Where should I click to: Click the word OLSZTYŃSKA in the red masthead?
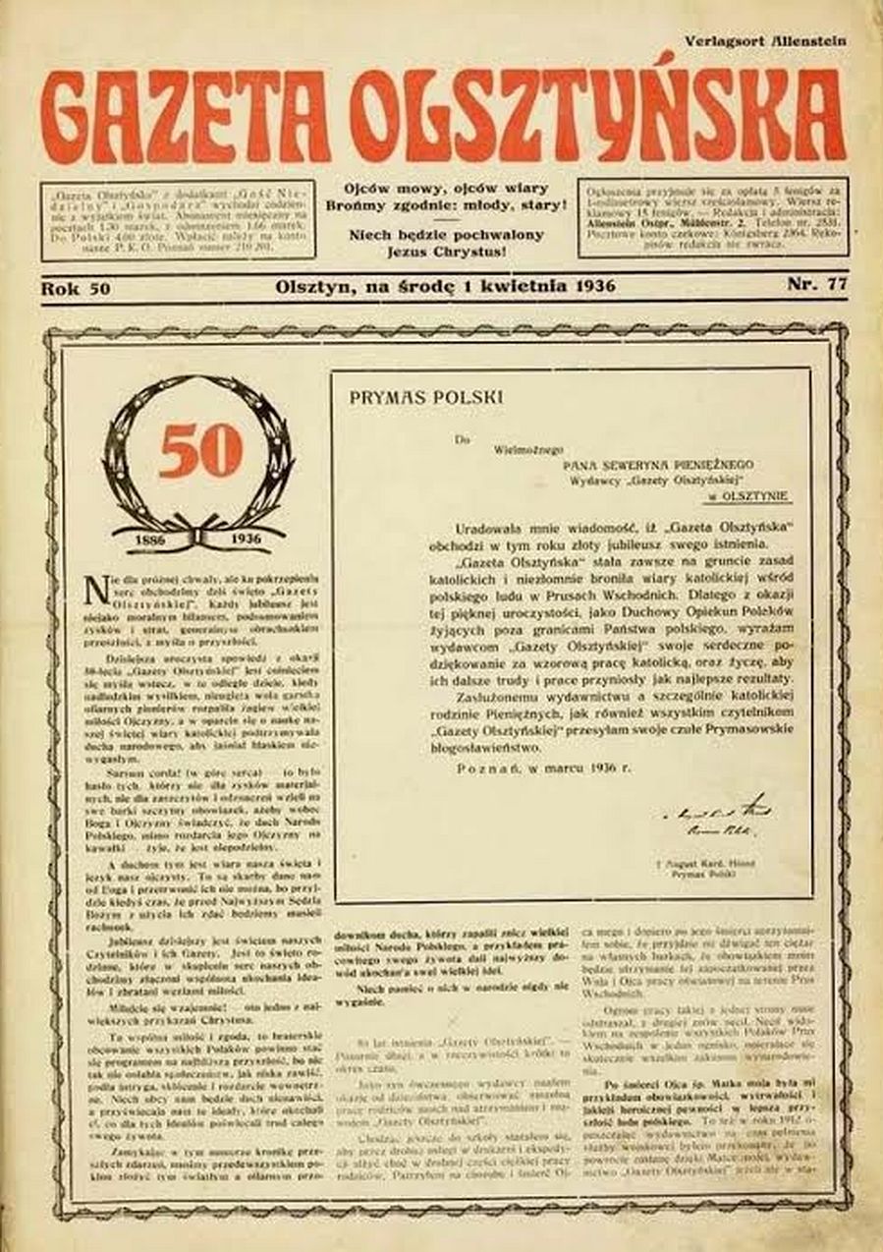coord(598,117)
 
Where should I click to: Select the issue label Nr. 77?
coord(816,286)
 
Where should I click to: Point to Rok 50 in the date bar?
coord(75,288)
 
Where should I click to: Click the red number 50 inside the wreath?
coord(200,450)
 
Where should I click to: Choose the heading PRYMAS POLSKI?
coord(419,398)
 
